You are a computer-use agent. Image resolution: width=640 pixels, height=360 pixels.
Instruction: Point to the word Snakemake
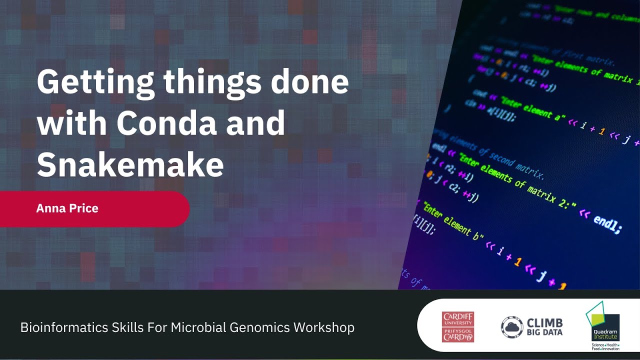(x=130, y=164)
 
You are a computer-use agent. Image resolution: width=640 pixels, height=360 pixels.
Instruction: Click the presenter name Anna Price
(x=67, y=208)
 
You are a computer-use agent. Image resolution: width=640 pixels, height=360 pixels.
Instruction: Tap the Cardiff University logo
(x=457, y=327)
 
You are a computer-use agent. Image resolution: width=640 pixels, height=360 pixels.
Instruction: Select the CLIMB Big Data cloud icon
(x=512, y=327)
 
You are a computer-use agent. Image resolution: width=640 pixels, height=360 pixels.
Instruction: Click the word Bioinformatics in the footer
(x=55, y=328)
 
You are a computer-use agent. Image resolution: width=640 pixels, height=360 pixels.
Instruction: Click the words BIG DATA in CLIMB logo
(x=544, y=332)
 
